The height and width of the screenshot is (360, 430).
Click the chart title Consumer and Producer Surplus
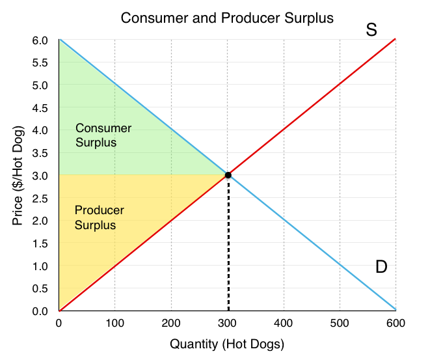tap(227, 18)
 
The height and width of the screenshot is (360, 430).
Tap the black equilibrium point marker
tap(228, 175)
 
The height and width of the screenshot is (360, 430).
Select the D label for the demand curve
tap(381, 266)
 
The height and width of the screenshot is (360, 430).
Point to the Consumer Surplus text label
tap(103, 135)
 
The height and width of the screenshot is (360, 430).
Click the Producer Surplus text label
tap(99, 217)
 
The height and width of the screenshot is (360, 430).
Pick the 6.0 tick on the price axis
tap(39, 40)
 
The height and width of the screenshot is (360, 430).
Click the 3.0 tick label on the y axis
tap(39, 176)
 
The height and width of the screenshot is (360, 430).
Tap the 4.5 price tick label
tap(39, 108)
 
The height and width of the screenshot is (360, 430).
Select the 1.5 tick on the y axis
tap(39, 243)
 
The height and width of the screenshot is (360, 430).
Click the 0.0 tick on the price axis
tap(39, 311)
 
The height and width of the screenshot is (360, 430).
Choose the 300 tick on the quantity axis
tap(227, 322)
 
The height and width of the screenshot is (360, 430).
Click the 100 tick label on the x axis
tap(114, 322)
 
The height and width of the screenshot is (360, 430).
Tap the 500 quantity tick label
tap(340, 322)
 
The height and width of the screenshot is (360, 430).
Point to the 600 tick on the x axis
tap(396, 322)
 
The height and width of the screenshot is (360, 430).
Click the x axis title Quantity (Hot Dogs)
tap(227, 344)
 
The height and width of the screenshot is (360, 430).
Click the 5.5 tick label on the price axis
tap(39, 63)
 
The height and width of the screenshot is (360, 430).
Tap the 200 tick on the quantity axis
tap(171, 322)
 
